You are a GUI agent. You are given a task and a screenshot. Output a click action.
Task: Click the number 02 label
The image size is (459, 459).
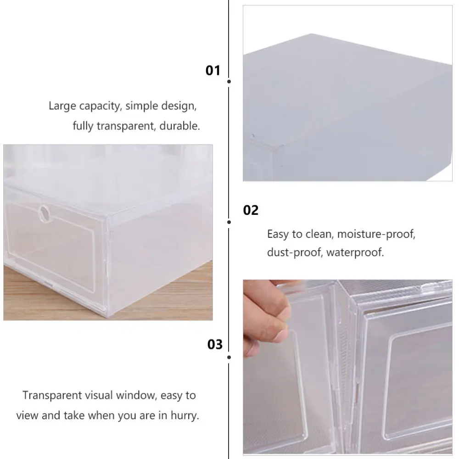pos(251,211)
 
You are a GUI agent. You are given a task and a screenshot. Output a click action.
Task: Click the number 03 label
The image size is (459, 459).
pos(214,344)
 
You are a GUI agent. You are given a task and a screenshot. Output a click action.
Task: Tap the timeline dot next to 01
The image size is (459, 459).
pos(229,81)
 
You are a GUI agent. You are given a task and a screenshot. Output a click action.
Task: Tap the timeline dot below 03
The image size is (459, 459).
pos(229,357)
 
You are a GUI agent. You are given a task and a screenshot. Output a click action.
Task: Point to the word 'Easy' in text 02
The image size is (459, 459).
pos(278,234)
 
